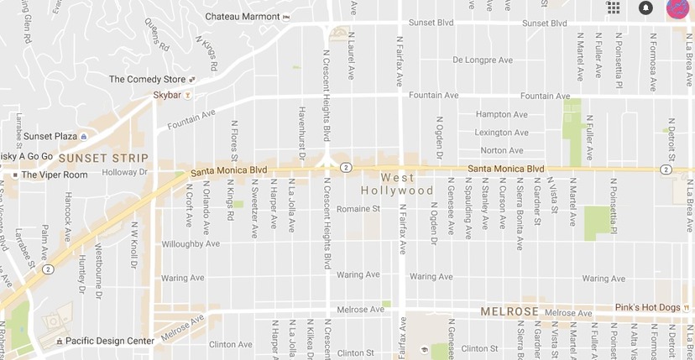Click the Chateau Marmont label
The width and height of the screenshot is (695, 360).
pos(243,17)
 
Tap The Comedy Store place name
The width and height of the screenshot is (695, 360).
pos(149,80)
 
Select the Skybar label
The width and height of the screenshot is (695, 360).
pos(166,96)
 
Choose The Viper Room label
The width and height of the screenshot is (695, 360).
pos(54,175)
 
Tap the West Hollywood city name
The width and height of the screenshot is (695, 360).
pos(407,184)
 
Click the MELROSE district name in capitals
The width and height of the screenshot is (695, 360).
pos(509,311)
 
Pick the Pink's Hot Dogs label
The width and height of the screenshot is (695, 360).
pos(647,308)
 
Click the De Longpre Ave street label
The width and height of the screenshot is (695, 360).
pos(482,60)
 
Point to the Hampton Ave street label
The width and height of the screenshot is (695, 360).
pos(501,114)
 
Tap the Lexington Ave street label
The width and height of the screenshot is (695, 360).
pos(501,133)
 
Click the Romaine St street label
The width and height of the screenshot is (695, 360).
pos(358,209)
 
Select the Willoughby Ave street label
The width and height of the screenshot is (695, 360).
pos(190,244)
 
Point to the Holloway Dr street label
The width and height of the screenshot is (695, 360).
pos(123,173)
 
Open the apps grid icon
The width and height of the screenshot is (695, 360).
pos(614,8)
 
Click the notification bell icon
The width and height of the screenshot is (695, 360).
pos(645,8)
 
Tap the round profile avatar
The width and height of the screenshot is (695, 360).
pos(678,8)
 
